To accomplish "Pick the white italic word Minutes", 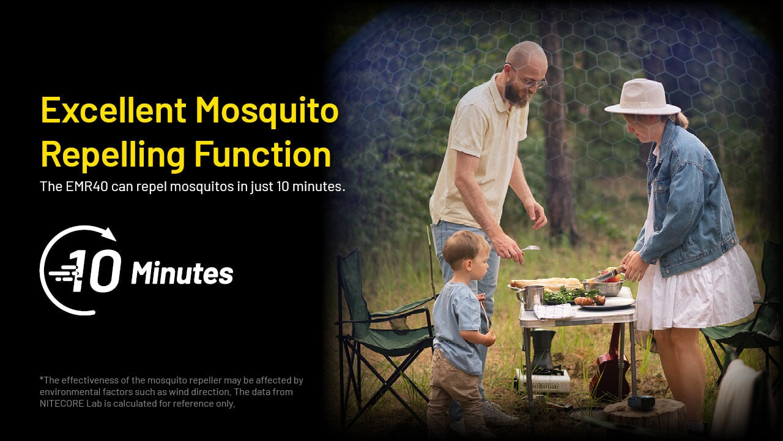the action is click(182, 273).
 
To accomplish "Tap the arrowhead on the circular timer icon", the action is click(109, 234).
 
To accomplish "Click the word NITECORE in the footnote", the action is click(62, 404).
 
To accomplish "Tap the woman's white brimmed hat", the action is click(642, 97).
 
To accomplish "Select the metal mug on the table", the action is click(530, 298).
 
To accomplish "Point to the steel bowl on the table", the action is click(603, 288).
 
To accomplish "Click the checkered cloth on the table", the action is click(554, 311).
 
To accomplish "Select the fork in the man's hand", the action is click(530, 248).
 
